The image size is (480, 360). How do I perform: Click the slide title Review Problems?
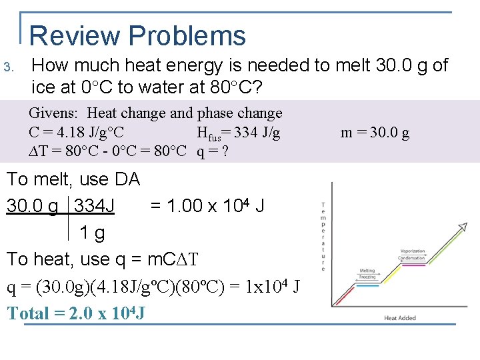click(138, 35)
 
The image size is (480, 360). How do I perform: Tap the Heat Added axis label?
click(400, 318)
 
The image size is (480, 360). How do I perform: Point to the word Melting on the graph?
click(367, 271)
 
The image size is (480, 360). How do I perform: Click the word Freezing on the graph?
click(367, 277)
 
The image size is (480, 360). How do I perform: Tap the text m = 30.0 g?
click(375, 133)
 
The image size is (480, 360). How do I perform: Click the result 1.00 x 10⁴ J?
click(207, 205)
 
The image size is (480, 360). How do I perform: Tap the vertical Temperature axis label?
click(323, 236)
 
